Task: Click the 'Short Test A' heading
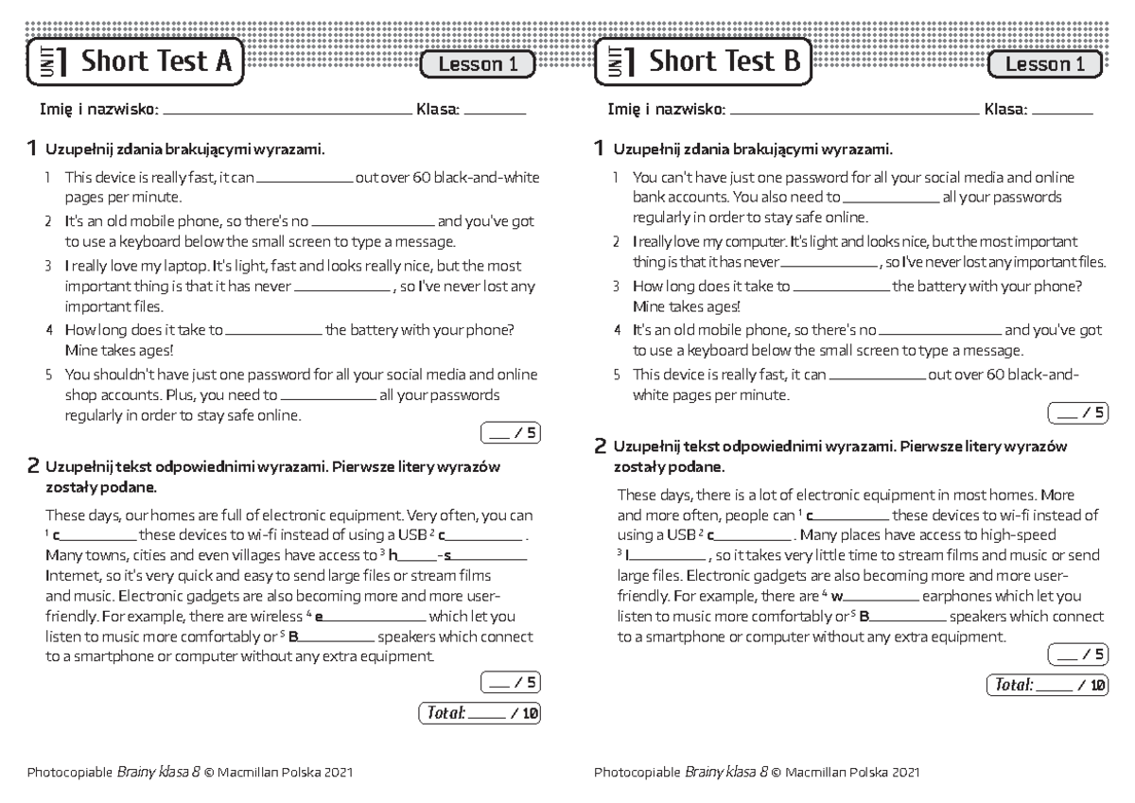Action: [x=156, y=62]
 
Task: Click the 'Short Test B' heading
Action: [x=725, y=62]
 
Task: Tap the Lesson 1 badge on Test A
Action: [x=479, y=64]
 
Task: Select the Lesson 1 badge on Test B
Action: [x=1045, y=64]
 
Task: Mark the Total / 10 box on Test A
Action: [x=479, y=713]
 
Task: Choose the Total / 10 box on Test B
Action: [x=1046, y=685]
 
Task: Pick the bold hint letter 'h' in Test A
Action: [x=393, y=555]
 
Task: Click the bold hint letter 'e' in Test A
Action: [x=319, y=617]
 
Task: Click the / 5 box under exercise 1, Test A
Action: [x=510, y=434]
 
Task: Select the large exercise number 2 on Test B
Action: [x=600, y=445]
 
